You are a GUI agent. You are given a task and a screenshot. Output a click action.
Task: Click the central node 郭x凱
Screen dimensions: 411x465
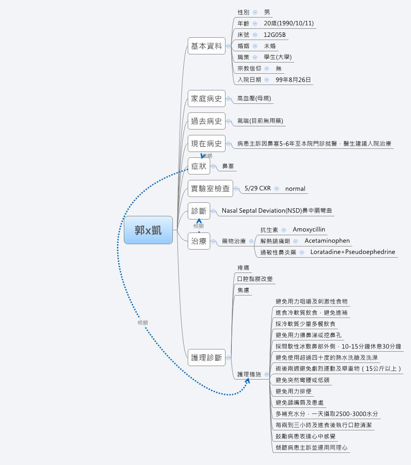148,230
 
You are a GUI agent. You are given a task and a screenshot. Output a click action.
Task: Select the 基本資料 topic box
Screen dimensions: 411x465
206,46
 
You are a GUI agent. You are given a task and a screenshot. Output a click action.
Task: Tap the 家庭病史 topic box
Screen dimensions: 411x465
206,98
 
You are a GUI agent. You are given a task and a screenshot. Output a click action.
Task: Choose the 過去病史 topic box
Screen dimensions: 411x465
206,121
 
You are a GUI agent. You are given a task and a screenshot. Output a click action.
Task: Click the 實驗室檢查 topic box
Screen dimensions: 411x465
210,189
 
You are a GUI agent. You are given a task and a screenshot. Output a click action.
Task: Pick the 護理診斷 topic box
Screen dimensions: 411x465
206,358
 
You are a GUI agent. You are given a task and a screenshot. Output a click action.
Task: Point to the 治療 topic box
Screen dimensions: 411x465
199,241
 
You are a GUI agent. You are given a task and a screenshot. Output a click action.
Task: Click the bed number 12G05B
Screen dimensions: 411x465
275,35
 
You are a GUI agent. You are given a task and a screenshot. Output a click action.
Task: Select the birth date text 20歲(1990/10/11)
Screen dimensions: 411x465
289,23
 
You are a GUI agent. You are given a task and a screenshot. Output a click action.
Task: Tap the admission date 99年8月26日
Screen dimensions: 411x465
294,80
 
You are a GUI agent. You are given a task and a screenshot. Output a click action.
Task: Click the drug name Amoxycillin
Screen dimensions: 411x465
309,229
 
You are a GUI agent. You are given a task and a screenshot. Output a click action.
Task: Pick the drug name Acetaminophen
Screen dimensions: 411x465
327,241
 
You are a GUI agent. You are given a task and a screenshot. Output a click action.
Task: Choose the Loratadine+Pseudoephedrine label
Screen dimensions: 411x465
352,252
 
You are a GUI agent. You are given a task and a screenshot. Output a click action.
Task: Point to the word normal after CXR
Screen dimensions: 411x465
295,188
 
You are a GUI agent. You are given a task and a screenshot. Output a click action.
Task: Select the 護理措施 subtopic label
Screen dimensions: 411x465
249,374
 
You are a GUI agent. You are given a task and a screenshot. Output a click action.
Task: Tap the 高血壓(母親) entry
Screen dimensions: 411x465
254,98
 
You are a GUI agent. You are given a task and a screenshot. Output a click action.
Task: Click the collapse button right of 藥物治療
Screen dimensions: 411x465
251,241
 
